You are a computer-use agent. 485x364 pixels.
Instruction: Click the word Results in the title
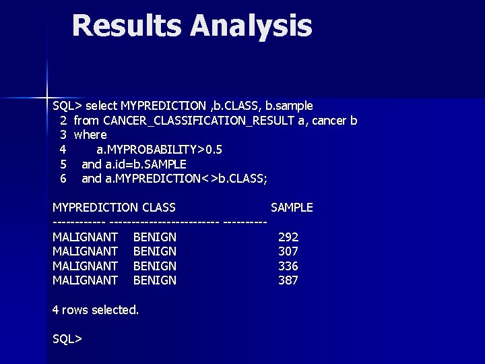pos(127,26)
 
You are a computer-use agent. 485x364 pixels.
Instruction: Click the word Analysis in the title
pos(251,26)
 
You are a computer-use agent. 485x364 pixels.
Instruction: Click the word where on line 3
pos(90,135)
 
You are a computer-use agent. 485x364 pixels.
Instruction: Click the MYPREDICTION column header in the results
pos(95,208)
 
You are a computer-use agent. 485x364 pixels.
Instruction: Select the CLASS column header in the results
pos(159,208)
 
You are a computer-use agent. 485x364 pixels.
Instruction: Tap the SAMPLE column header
pos(292,208)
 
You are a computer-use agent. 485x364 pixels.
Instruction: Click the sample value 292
pos(288,237)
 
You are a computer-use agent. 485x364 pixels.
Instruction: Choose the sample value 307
pos(288,251)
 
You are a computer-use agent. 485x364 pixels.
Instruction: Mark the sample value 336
pos(288,266)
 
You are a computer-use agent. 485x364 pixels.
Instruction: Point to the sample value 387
pos(288,280)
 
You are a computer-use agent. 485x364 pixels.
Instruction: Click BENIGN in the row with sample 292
pos(155,237)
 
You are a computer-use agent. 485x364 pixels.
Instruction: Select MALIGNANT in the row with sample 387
pos(86,280)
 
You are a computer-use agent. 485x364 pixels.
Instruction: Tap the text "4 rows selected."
pos(96,310)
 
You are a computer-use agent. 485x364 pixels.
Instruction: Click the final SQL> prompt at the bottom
pos(67,339)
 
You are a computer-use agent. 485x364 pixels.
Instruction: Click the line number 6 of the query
pos(63,179)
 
